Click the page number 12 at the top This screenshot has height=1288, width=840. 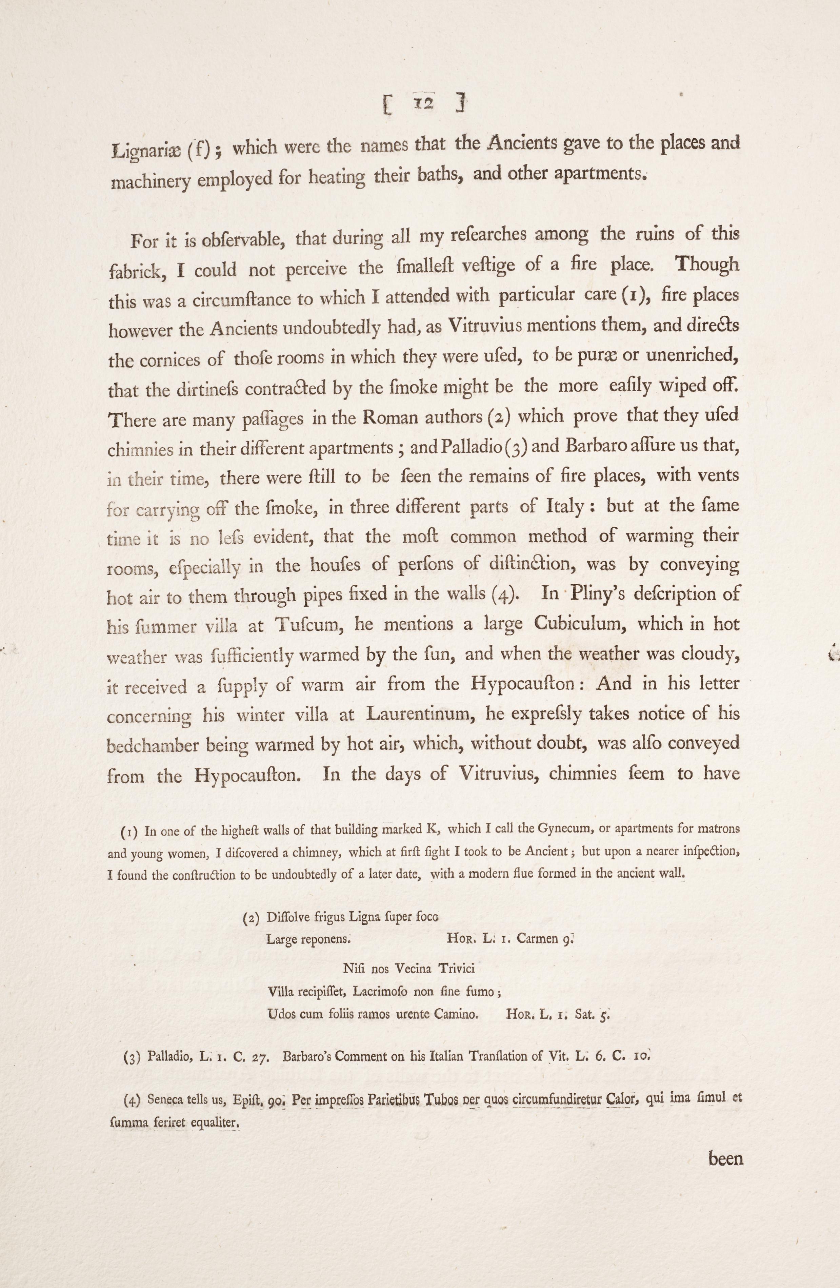tap(423, 103)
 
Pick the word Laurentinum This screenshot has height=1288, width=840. tap(421, 714)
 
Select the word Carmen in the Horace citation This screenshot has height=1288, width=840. tap(538, 938)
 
